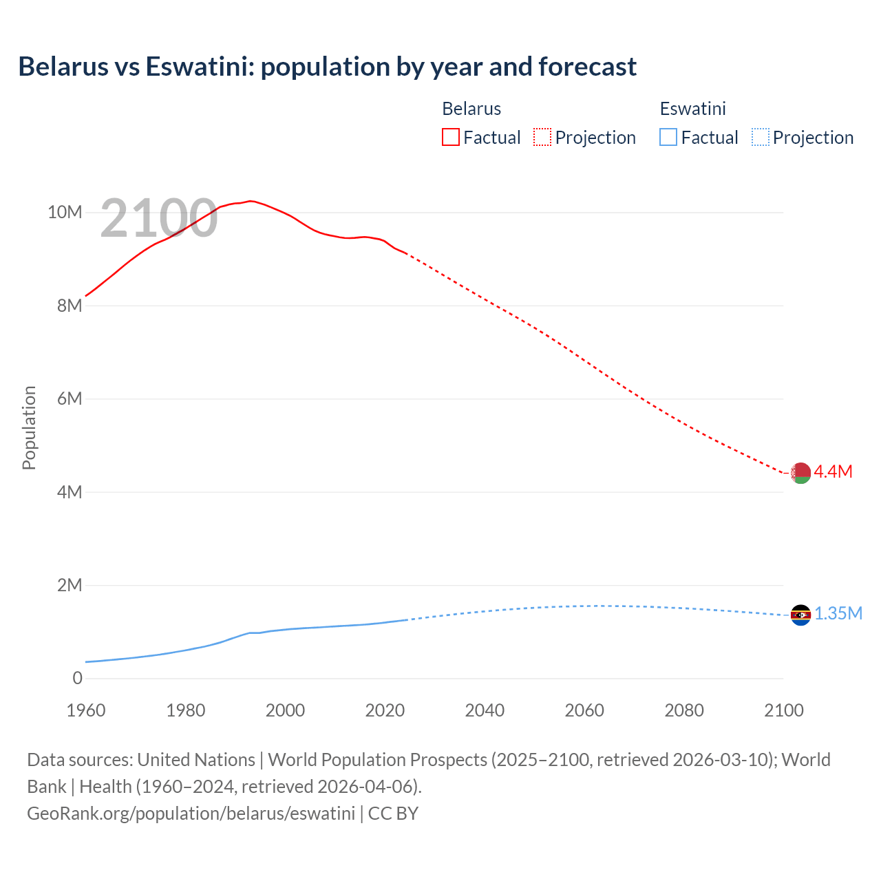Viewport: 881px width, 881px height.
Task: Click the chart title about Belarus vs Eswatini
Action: (x=327, y=67)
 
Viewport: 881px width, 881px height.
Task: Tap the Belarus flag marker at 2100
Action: (x=800, y=473)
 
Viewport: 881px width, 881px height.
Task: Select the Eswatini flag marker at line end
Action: (x=800, y=615)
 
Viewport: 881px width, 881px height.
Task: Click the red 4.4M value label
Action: (x=833, y=471)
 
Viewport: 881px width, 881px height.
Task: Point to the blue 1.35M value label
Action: (x=838, y=613)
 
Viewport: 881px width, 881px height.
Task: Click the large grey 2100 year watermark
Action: (x=159, y=218)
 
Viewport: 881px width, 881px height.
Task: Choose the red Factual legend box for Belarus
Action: (x=450, y=137)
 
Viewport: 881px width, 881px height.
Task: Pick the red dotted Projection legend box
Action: (x=542, y=137)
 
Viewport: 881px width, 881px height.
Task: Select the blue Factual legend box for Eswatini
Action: (x=668, y=137)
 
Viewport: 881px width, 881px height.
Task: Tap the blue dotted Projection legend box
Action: (x=761, y=137)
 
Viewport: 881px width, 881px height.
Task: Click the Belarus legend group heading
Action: (x=471, y=109)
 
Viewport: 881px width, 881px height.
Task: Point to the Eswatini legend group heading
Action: (x=692, y=109)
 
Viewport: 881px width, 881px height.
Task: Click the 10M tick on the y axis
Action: (x=65, y=212)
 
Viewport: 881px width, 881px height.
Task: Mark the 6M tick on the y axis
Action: (x=70, y=399)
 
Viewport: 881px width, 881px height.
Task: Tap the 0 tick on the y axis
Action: (x=77, y=678)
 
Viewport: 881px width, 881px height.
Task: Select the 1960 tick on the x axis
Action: (x=86, y=710)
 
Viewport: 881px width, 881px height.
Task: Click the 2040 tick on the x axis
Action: (x=485, y=710)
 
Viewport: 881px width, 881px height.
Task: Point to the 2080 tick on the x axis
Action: (x=684, y=710)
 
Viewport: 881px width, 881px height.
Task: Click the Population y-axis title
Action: (x=29, y=427)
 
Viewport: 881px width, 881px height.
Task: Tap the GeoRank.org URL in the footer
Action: (x=191, y=813)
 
